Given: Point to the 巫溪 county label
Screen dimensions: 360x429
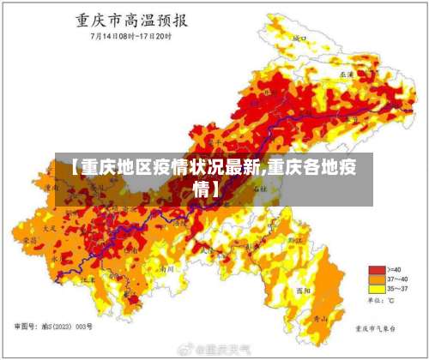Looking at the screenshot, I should (x=347, y=75).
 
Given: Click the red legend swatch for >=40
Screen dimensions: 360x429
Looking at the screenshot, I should (x=375, y=269).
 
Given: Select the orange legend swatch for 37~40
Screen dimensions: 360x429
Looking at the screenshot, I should (x=375, y=279).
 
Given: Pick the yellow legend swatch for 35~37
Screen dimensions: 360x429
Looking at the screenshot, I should (x=375, y=289).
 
